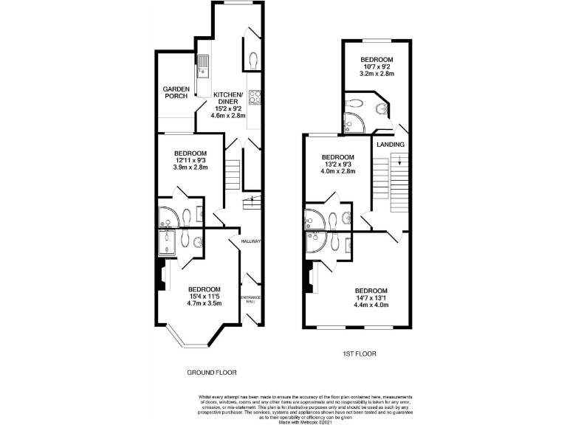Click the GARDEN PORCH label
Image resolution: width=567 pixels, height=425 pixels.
coord(176,93)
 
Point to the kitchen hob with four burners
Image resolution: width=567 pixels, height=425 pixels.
coord(255,97)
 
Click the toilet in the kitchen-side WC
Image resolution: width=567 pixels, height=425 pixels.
coord(253,59)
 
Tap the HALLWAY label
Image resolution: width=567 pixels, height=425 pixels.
coord(251,241)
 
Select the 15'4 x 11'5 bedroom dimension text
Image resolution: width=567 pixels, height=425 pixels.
coord(203,295)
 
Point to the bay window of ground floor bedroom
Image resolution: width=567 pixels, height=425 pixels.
coord(194,339)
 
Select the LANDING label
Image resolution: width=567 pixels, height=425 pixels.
coord(390,144)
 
